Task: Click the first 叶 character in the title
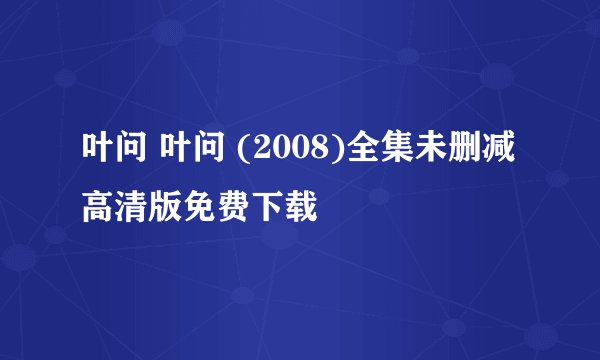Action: point(96,161)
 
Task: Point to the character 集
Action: point(371,161)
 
